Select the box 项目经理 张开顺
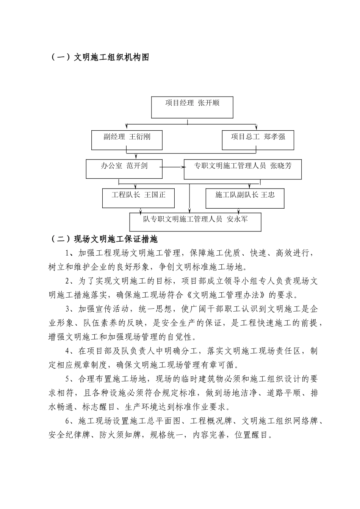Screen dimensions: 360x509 [192, 107]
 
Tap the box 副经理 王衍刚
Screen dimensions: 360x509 [127, 140]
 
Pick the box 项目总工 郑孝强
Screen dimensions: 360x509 [258, 140]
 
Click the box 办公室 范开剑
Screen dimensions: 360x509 [124, 169]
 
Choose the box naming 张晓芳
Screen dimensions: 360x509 [243, 169]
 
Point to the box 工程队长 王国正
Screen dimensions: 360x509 [138, 198]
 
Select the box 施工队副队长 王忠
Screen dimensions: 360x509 [245, 198]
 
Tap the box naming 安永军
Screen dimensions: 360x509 [195, 222]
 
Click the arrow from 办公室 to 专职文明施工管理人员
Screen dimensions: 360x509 [173, 167]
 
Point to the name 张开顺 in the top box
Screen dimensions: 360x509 [209, 103]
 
